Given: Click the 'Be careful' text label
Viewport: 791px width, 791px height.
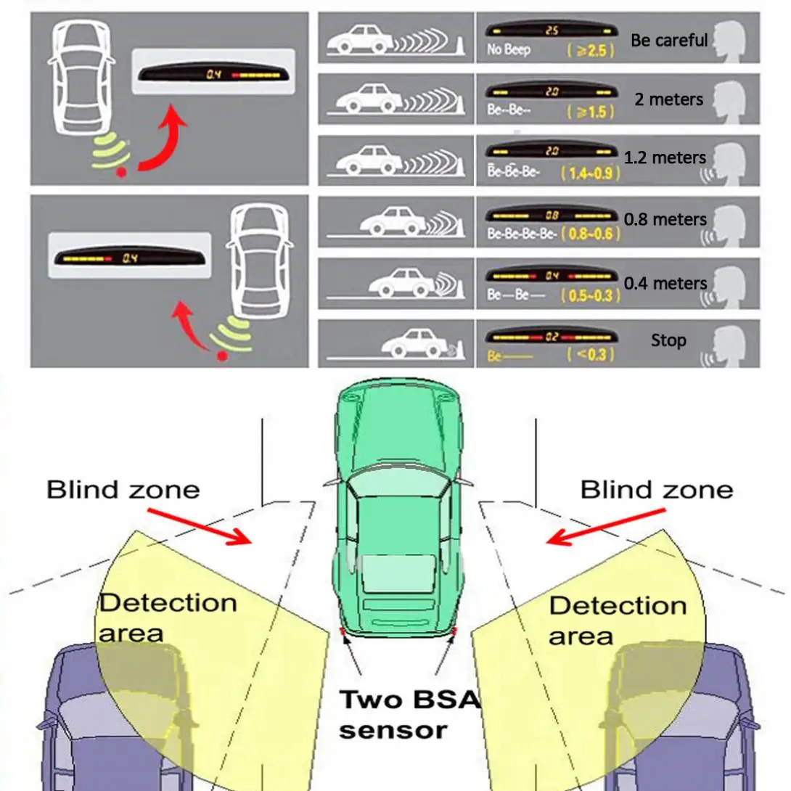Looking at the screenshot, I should [x=668, y=40].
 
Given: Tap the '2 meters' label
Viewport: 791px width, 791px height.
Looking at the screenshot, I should [x=668, y=99].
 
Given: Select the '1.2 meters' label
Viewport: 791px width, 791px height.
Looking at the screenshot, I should [x=665, y=157].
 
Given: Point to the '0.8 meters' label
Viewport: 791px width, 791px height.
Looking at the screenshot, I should [x=665, y=219].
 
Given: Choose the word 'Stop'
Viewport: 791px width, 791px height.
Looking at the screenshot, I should [x=668, y=340].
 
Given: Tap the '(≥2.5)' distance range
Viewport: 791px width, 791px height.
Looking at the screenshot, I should [x=588, y=51].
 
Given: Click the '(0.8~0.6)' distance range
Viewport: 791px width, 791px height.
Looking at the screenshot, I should [x=588, y=235].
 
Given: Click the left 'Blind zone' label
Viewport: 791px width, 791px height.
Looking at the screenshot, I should [x=123, y=490].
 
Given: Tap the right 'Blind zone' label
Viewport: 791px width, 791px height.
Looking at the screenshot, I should [x=656, y=490].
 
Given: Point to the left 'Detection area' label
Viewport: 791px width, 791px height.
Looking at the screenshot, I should [x=168, y=617].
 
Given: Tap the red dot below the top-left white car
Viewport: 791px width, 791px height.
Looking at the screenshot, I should [x=121, y=173].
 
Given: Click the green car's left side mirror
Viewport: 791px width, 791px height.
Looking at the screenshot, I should [x=331, y=482].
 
